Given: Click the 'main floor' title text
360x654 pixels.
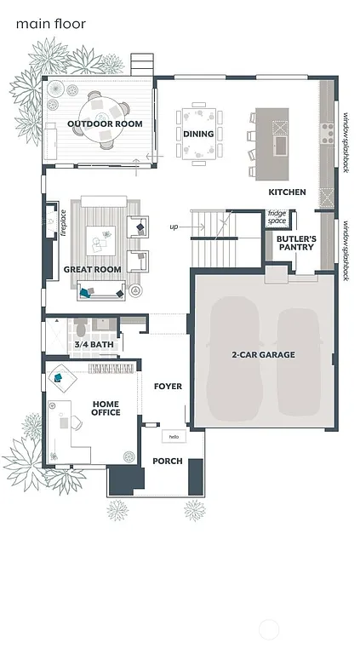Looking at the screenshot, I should click(x=50, y=24).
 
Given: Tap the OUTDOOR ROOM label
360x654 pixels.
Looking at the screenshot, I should click(x=105, y=124).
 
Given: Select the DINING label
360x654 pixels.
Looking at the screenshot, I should click(x=198, y=134).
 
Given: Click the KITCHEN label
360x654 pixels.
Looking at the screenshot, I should click(x=287, y=192).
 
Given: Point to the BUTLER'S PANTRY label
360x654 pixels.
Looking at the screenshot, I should click(x=296, y=243).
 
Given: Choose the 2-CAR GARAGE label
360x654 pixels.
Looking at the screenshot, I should click(x=263, y=354).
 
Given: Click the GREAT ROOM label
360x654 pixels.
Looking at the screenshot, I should click(x=92, y=270).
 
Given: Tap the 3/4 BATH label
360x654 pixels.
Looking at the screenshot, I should click(x=94, y=345).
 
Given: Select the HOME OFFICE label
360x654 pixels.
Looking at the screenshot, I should click(x=106, y=408).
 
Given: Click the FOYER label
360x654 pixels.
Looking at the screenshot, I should click(x=168, y=387).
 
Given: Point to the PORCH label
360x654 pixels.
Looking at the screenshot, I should click(x=168, y=461).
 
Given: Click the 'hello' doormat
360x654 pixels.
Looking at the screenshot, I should click(x=174, y=436).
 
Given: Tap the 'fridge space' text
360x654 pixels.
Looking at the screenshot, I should click(x=277, y=217).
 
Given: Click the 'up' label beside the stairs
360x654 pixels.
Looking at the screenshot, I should click(x=174, y=227).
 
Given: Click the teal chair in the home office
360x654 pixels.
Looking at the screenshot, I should click(x=60, y=376).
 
